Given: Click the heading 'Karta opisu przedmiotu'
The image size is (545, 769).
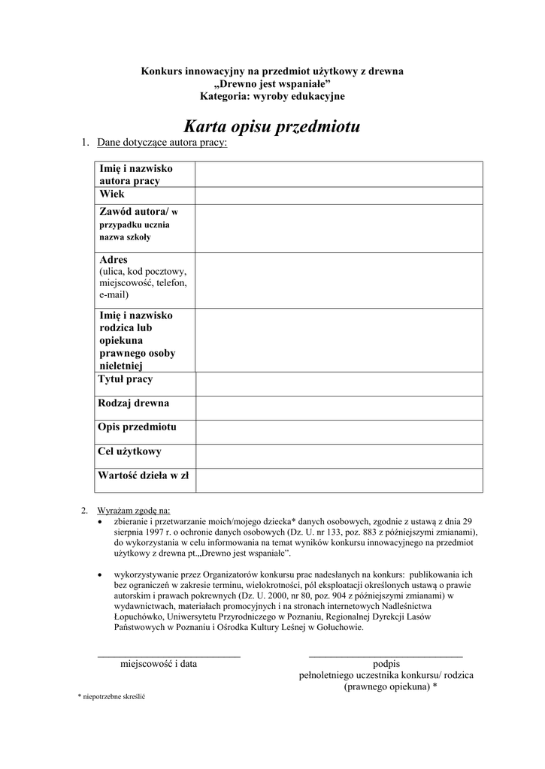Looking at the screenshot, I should click(272, 126).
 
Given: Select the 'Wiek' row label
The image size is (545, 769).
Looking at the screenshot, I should click(112, 194).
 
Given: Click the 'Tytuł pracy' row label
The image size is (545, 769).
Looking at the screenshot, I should click(126, 380).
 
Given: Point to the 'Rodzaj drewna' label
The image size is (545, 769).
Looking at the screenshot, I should click(134, 404).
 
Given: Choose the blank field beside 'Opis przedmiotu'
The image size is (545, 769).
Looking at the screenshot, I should click(339, 432).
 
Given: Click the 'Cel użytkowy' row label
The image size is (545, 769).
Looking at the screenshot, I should click(129, 452).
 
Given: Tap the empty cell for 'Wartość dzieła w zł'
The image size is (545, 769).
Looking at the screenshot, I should click(339, 480).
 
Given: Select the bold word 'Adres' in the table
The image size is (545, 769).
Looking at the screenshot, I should click(114, 260).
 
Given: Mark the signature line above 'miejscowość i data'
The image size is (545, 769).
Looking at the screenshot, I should click(169, 656).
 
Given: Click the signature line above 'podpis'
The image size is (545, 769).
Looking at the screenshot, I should click(386, 656).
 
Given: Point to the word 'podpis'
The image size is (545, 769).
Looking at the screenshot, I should click(386, 664).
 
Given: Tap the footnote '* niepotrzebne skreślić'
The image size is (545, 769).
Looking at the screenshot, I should click(111, 697).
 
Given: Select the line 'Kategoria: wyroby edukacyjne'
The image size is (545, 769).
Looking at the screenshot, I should click(272, 96).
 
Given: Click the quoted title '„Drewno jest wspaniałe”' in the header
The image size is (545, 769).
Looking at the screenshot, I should click(272, 83).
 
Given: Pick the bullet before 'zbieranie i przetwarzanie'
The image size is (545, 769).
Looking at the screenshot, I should click(101, 521).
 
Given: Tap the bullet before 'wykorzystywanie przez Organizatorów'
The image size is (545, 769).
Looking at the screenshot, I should click(101, 574).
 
